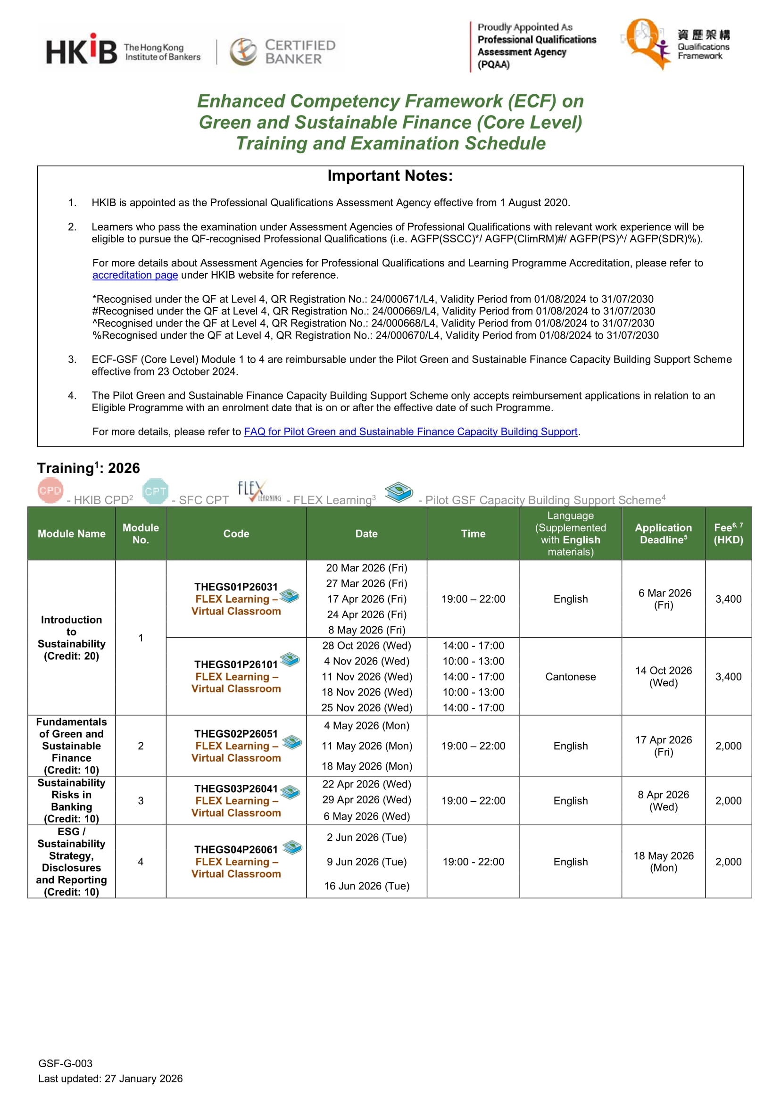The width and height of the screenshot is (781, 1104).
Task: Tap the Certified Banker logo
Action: pos(283,51)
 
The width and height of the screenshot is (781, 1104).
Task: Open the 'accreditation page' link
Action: pos(135,275)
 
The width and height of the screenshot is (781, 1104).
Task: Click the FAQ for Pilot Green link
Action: pos(410,432)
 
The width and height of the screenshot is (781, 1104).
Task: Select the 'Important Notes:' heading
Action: pos(390,176)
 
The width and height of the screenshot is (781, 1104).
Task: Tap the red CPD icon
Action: pos(50,490)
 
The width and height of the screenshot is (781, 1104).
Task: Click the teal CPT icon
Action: pos(155,491)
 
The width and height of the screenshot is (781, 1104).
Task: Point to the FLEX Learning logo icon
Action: pos(259,491)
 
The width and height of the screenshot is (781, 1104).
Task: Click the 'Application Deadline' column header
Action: pos(663,534)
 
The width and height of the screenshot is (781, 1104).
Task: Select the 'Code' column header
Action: pos(236,534)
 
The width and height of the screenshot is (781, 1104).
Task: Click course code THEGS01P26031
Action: pos(236,587)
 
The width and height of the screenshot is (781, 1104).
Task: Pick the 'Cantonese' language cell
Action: pos(570,677)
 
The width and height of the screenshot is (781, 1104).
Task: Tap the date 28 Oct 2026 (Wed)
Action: pos(366,646)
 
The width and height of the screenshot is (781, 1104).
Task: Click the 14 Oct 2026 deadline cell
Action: pos(663,677)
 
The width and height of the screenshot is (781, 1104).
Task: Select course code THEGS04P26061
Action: pos(236,850)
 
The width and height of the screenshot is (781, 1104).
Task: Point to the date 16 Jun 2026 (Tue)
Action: pos(366,886)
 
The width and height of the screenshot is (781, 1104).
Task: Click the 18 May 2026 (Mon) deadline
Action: pos(663,862)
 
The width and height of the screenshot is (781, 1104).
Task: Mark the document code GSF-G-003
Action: pos(66,1063)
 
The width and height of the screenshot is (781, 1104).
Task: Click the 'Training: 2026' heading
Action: pos(89,468)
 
